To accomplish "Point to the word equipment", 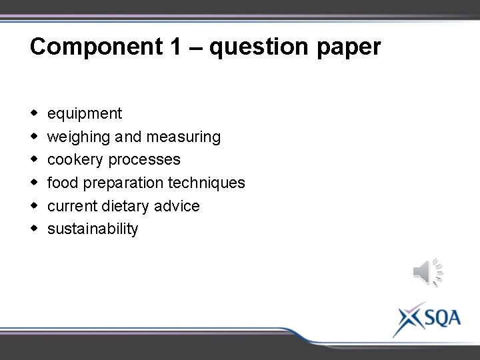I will click(85, 114).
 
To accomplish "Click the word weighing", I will click(78, 137).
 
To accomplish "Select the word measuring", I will click(183, 137).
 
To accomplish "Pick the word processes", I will click(145, 160).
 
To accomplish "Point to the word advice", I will click(177, 206).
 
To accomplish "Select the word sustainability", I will click(93, 229).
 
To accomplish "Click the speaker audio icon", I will click(427, 273).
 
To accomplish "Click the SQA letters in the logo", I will click(441, 317).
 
